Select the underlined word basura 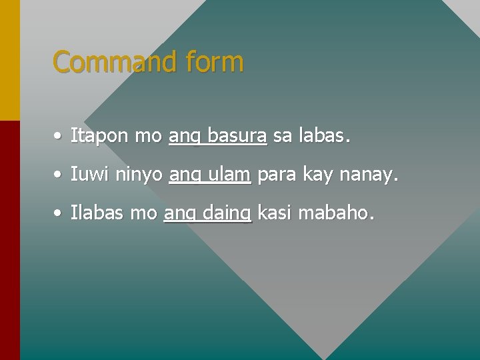point(237,137)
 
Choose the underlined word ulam point(229,175)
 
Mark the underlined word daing point(226,214)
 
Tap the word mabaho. point(337,213)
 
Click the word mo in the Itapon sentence point(148,137)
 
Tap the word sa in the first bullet point(283,137)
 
